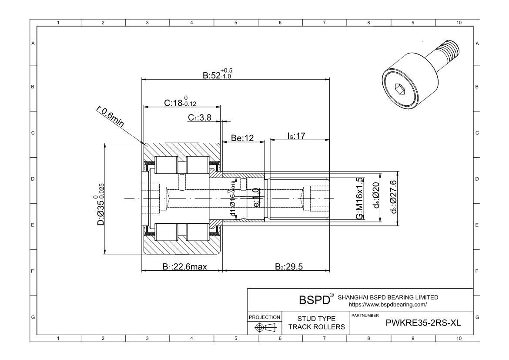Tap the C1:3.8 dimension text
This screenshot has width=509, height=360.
coord(200,118)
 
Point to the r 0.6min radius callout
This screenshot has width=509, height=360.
coord(110,117)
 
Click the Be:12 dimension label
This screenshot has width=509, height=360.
coord(242,138)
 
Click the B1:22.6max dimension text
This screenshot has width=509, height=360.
coord(185,266)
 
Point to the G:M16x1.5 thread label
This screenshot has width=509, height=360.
coord(359,198)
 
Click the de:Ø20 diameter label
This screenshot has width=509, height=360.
coord(377,199)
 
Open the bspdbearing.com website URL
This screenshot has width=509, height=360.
coord(388,305)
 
